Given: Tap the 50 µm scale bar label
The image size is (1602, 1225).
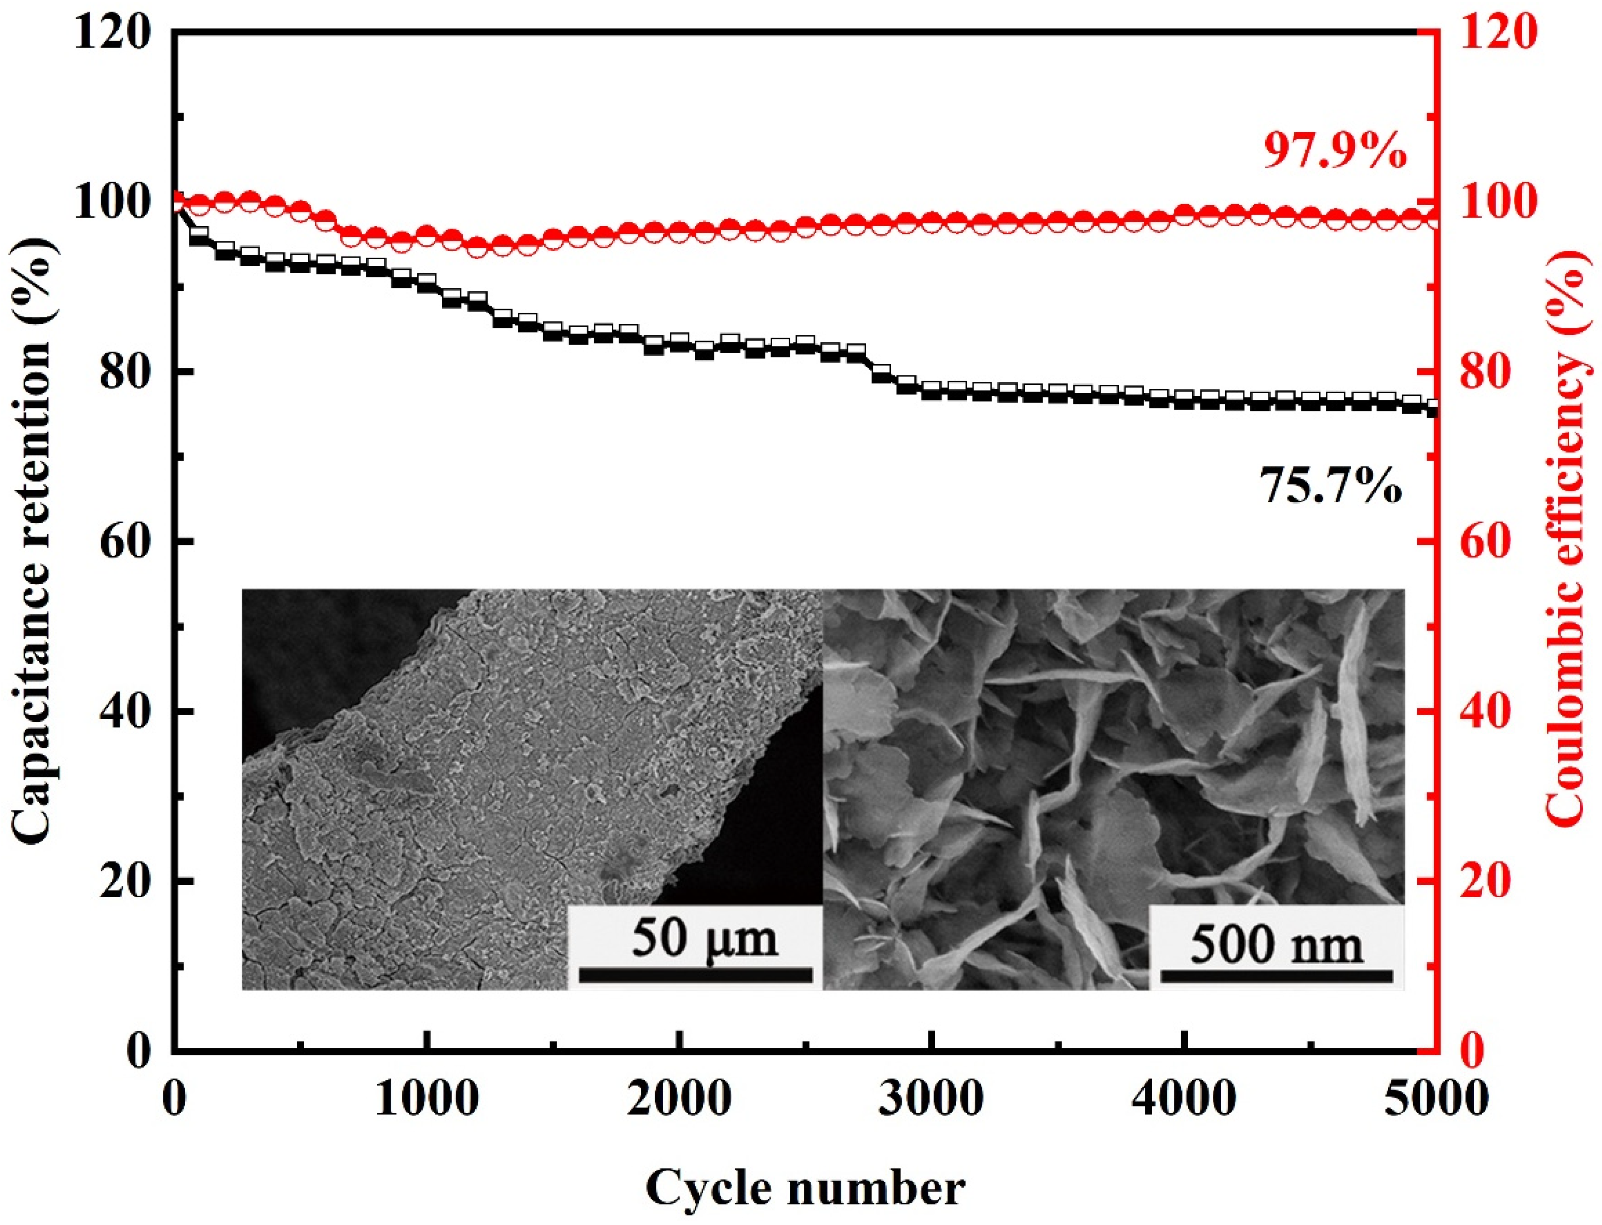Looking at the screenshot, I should pos(704,938).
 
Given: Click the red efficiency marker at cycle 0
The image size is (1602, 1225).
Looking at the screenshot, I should pos(175,201).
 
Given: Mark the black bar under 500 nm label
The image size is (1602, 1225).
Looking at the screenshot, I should pos(1276,976).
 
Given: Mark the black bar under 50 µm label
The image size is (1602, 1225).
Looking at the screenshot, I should pos(697,975).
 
